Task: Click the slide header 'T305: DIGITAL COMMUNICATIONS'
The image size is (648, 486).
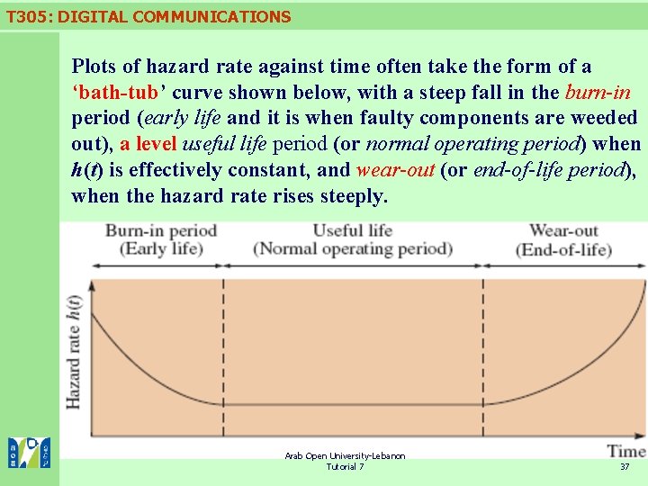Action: (148, 16)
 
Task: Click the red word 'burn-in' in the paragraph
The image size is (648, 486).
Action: (598, 93)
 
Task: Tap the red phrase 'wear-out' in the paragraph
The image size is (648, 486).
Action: (395, 170)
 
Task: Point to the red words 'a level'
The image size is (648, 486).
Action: (148, 144)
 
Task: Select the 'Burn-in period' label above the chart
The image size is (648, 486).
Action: (161, 230)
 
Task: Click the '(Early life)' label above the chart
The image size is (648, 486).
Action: (161, 248)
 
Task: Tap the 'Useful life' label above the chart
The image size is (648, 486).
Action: (353, 230)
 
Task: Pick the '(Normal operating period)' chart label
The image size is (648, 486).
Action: (353, 248)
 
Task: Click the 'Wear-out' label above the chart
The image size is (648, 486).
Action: (563, 230)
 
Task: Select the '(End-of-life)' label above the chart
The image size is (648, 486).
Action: (563, 249)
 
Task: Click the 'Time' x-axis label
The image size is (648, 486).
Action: (625, 450)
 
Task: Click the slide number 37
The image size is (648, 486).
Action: (625, 467)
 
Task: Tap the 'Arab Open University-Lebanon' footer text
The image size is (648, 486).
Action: (345, 456)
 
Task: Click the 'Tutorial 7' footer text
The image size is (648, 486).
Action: (345, 467)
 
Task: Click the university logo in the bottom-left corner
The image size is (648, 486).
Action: (30, 453)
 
